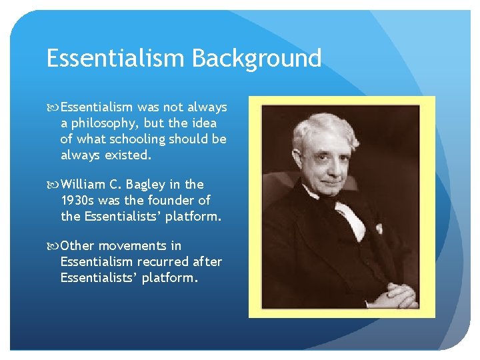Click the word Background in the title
click(x=257, y=59)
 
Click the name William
click(x=85, y=184)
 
